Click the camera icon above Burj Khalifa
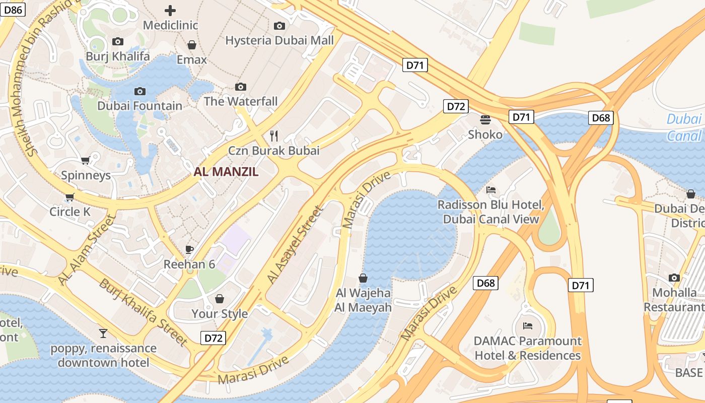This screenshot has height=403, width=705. tap(118, 42)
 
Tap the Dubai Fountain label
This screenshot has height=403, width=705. tap(139, 106)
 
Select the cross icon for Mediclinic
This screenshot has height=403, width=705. tap(170, 10)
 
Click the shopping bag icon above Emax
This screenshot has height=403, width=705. tap(191, 45)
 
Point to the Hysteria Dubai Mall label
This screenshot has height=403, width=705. tap(279, 40)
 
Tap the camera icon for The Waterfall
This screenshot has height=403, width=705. tap(241, 87)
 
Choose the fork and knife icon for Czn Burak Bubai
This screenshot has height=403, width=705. tap(274, 136)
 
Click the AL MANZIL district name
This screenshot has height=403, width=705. tap(226, 172)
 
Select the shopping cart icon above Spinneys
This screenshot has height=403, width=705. tap(86, 161)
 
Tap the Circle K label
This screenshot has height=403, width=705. tap(69, 212)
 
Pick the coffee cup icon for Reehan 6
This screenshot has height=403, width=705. tap(189, 249)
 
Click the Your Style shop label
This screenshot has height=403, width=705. tap(220, 314)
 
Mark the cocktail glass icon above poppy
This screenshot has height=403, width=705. tap(103, 333)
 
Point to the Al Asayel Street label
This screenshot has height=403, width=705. tap(294, 245)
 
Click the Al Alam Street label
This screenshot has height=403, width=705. tap(87, 250)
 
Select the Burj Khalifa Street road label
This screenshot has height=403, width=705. tap(143, 312)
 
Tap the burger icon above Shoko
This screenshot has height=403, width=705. tap(485, 120)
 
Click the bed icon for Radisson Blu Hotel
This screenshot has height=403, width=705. tap(491, 190)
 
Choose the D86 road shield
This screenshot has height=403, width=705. tap(13, 10)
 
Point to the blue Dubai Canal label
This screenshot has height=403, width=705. tap(684, 127)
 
